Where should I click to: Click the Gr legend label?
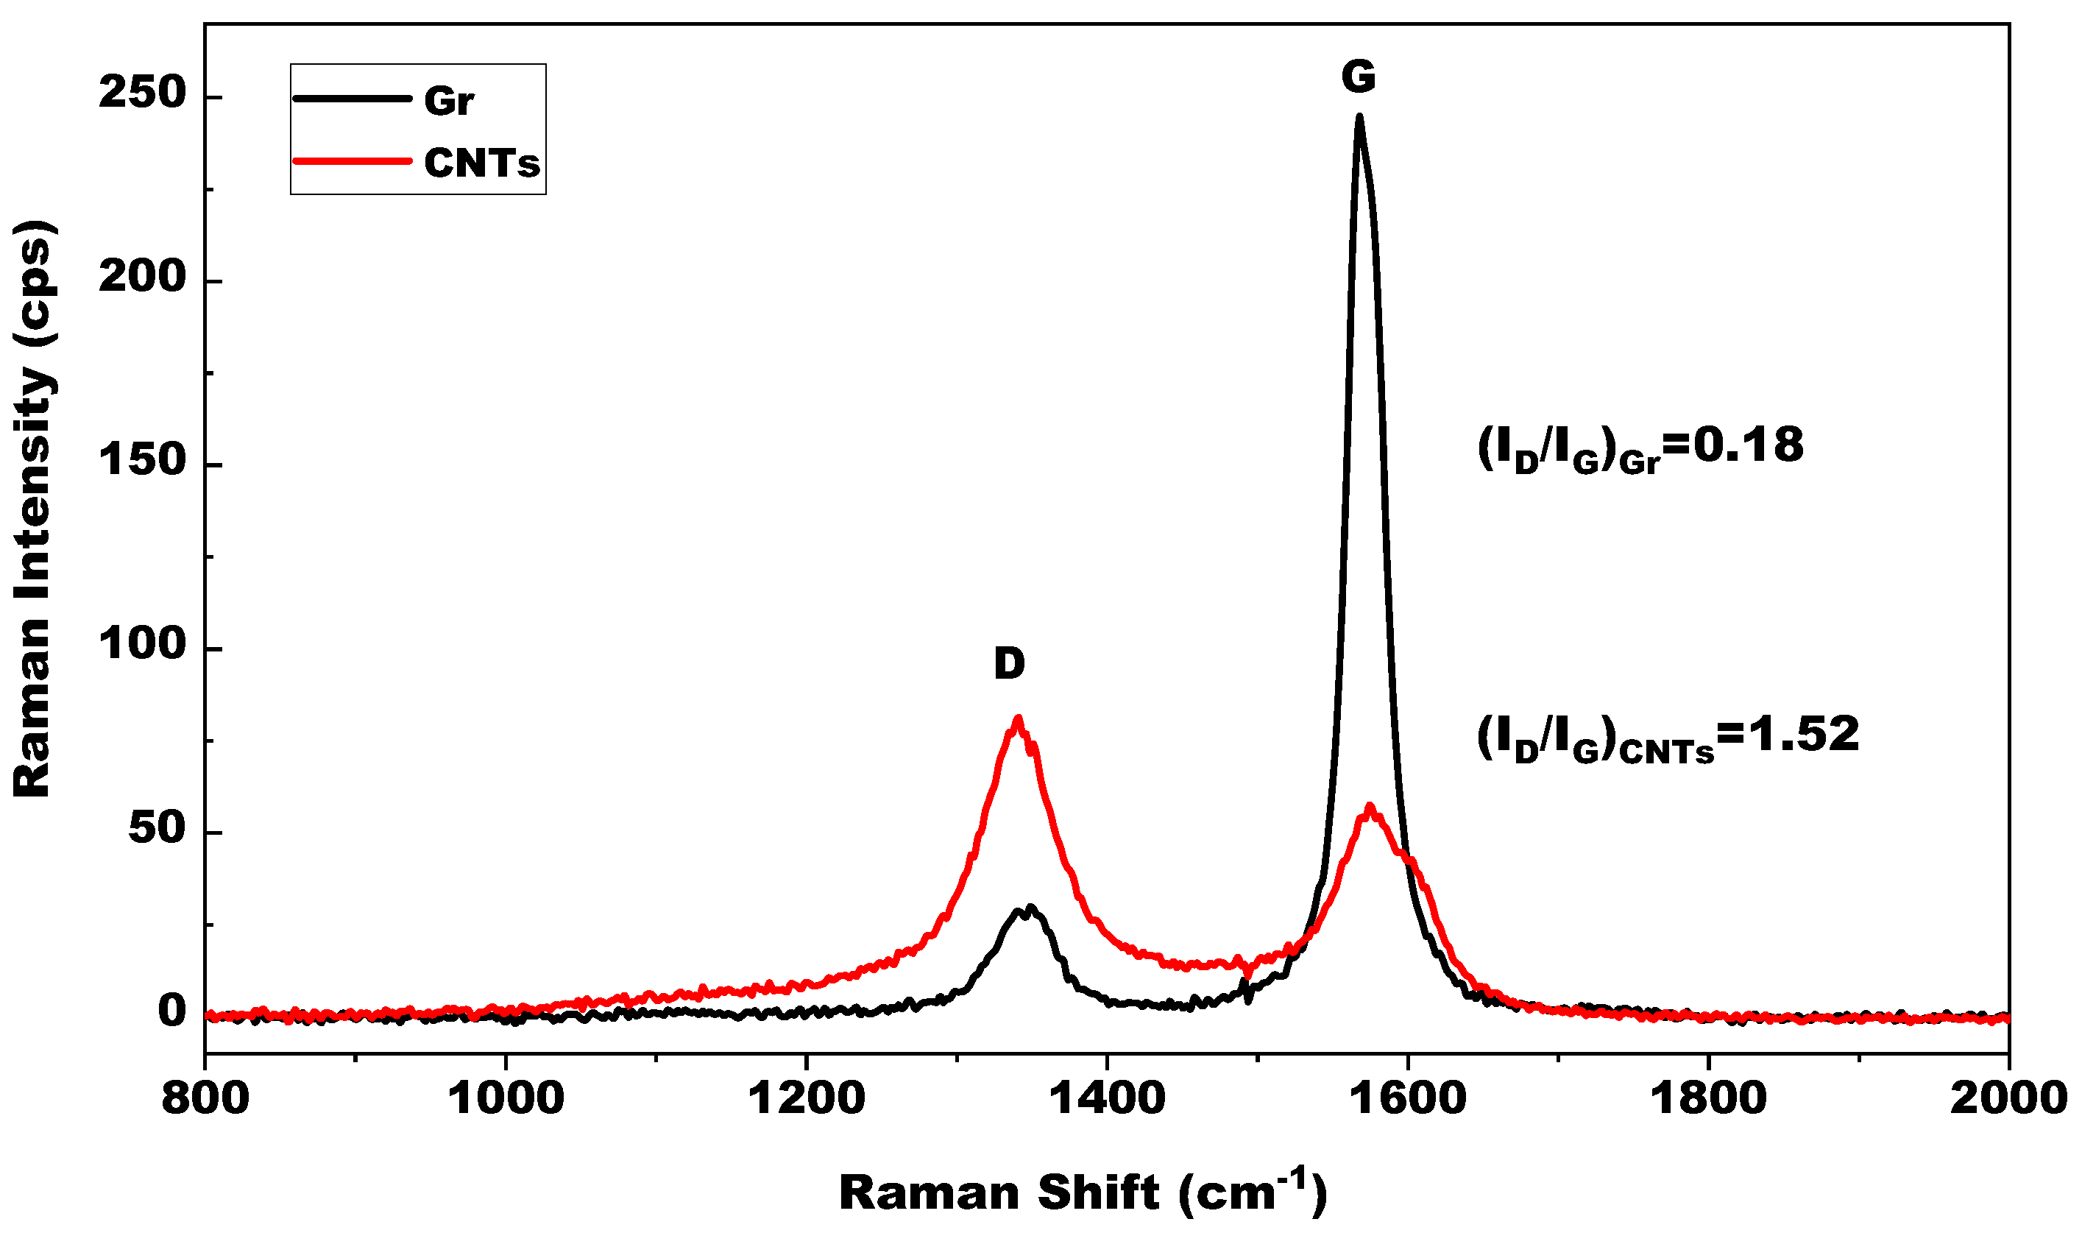pyautogui.click(x=448, y=102)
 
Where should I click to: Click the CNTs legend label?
pyautogui.click(x=481, y=163)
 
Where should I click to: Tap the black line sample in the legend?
pyautogui.click(x=352, y=98)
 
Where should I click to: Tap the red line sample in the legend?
pyautogui.click(x=352, y=161)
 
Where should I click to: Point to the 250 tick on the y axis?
pyautogui.click(x=141, y=93)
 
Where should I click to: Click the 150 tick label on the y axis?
pyautogui.click(x=141, y=460)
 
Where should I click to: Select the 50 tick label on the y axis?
pyautogui.click(x=156, y=828)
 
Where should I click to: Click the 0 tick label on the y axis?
pyautogui.click(x=172, y=1011)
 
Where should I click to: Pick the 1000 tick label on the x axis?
pyautogui.click(x=506, y=1098)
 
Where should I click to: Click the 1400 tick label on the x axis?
pyautogui.click(x=1106, y=1098)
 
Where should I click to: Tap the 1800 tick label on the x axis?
pyautogui.click(x=1707, y=1098)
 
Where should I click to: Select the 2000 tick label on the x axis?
pyautogui.click(x=2006, y=1098)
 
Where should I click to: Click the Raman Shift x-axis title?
pyautogui.click(x=1082, y=1193)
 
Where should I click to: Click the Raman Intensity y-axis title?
pyautogui.click(x=33, y=509)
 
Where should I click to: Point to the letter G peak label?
pyautogui.click(x=1359, y=77)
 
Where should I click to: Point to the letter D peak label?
pyautogui.click(x=1009, y=664)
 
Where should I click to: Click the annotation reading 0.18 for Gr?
pyautogui.click(x=1640, y=447)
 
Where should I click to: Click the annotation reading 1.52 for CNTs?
pyautogui.click(x=1668, y=737)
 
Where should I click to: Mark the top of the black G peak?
pyautogui.click(x=1359, y=117)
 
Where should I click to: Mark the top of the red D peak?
pyautogui.click(x=1017, y=718)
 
